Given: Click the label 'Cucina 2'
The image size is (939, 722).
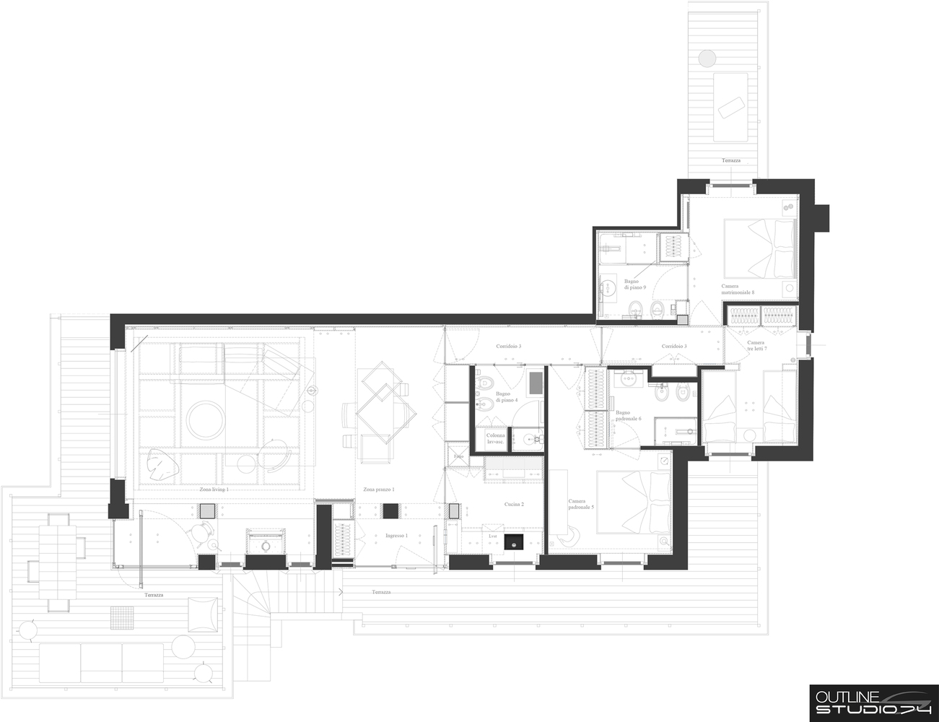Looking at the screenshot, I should [x=514, y=504].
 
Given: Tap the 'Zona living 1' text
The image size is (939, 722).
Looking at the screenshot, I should [x=214, y=490].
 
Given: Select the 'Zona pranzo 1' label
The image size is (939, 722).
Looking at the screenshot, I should [x=378, y=490].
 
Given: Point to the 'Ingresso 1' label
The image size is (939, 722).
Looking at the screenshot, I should [x=396, y=536].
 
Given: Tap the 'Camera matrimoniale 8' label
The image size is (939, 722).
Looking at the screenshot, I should [x=738, y=289].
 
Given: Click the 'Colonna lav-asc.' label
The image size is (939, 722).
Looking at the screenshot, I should [x=496, y=438].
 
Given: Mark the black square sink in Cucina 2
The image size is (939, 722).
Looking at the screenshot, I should [x=514, y=541].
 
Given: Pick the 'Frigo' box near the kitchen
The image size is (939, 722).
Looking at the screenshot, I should [x=458, y=457].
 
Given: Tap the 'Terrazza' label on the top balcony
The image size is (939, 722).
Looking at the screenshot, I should [x=730, y=160].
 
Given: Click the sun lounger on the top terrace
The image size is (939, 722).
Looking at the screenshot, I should [x=730, y=106].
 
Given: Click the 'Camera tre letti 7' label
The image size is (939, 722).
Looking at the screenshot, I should [x=756, y=345].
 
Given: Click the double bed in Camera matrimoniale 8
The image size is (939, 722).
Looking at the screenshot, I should [x=761, y=248].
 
